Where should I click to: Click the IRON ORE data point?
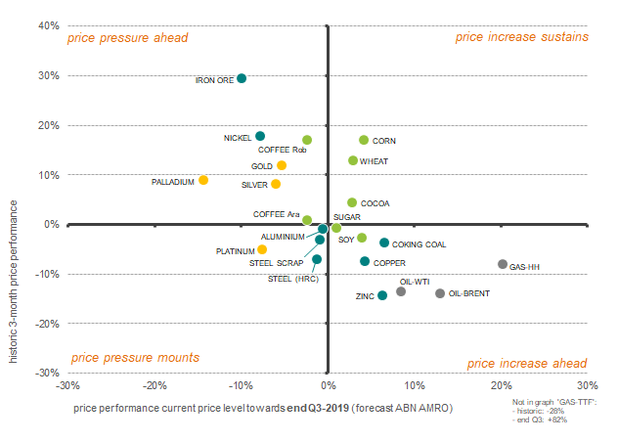click(x=242, y=78)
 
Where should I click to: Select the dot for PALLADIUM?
click(x=203, y=180)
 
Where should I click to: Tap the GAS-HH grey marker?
click(x=503, y=264)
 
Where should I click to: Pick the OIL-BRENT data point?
click(x=440, y=293)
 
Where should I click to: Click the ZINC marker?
click(x=382, y=295)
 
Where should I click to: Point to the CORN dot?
click(x=364, y=140)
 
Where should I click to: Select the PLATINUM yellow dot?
click(x=262, y=249)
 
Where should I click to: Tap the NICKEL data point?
click(x=260, y=136)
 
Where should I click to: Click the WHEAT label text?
click(x=375, y=161)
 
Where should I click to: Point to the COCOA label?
click(x=375, y=203)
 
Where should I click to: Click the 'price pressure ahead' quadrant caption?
click(x=127, y=38)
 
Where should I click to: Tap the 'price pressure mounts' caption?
click(x=135, y=358)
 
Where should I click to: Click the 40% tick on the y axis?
click(x=48, y=26)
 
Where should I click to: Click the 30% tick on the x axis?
click(x=587, y=385)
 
